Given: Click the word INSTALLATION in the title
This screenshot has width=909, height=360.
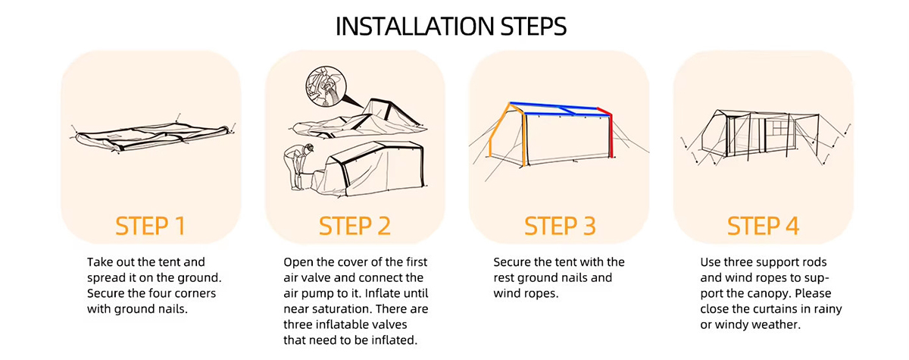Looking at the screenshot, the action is pyautogui.click(x=414, y=27).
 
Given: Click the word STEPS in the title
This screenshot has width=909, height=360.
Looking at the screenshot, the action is pyautogui.click(x=533, y=27).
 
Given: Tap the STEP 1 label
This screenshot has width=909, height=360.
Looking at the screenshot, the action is pyautogui.click(x=151, y=226).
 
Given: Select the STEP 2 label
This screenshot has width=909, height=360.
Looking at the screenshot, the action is pyautogui.click(x=355, y=226).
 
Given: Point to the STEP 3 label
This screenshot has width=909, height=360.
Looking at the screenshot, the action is pyautogui.click(x=560, y=226).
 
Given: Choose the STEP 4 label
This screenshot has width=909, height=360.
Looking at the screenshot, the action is pyautogui.click(x=763, y=226).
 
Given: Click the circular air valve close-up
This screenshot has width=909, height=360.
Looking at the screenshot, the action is pyautogui.click(x=326, y=87).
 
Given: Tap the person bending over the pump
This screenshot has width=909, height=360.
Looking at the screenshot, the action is pyautogui.click(x=298, y=167).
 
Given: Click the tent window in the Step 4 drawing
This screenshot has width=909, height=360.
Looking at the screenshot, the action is pyautogui.click(x=780, y=130).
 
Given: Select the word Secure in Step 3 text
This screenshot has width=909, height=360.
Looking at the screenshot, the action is pyautogui.click(x=512, y=262).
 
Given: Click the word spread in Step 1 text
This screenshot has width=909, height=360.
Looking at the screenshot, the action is pyautogui.click(x=106, y=278).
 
